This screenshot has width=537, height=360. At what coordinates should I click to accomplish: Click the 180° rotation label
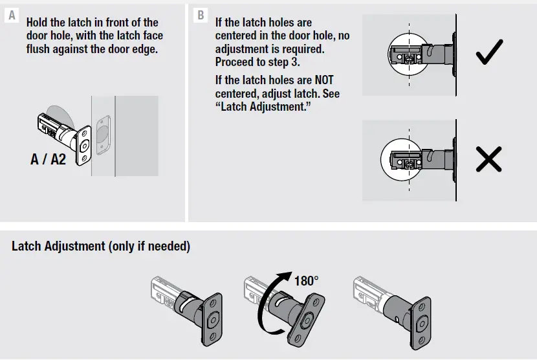(x=307, y=282)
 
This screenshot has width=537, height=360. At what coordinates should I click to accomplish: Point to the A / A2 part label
(x=49, y=159)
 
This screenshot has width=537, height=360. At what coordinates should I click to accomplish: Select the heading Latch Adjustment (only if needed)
(x=101, y=247)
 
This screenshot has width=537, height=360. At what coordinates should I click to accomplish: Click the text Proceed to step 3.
(x=257, y=62)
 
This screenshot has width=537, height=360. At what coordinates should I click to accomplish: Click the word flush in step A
(x=40, y=49)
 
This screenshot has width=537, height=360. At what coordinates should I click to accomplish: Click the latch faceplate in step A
(x=82, y=146)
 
